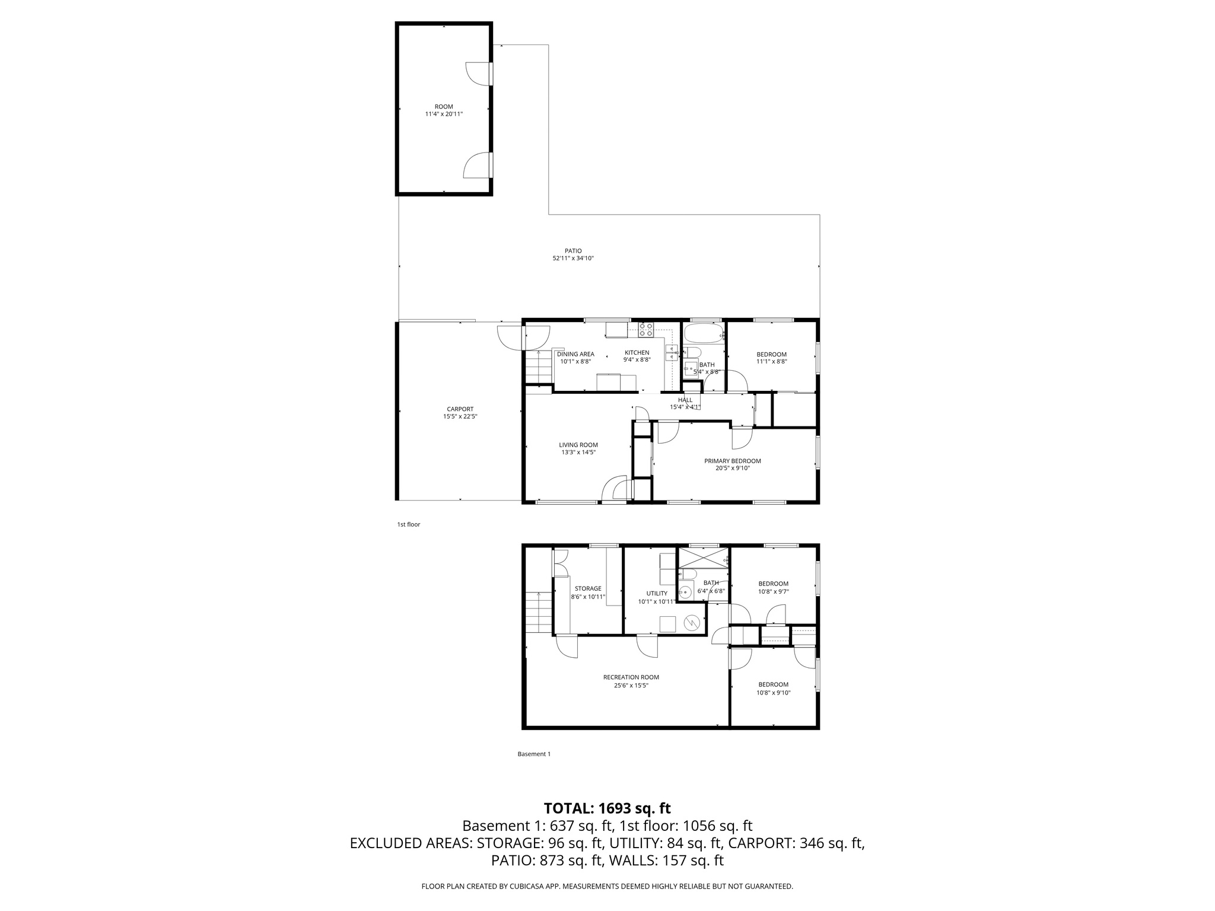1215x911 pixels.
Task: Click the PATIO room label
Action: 572,251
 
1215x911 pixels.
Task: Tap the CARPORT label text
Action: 460,409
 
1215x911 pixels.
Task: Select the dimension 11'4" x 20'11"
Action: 444,114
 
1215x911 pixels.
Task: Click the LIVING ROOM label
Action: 578,445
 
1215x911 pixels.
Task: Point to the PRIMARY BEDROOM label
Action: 732,461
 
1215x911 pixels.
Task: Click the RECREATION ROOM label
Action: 631,677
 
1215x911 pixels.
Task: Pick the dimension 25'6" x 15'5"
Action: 631,686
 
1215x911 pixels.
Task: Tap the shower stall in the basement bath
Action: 704,558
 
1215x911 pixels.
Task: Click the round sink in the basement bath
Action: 686,591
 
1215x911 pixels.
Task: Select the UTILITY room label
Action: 657,593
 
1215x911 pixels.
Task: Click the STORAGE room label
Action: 587,589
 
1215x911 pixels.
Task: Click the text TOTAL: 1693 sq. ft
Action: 607,808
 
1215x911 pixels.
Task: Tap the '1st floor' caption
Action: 408,524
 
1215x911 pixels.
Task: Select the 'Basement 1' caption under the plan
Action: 534,754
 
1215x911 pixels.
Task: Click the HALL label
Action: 685,400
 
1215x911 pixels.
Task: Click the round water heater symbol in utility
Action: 692,623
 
